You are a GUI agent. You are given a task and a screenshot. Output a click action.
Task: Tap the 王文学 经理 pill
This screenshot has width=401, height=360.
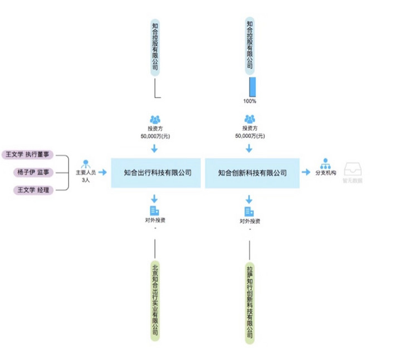click(33, 190)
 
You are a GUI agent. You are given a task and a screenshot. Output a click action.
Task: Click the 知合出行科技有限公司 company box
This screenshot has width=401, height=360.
click(158, 172)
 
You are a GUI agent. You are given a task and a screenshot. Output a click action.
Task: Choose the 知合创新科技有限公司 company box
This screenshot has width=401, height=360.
click(252, 172)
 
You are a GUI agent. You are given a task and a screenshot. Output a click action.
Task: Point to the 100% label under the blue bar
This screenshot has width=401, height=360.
click(250, 101)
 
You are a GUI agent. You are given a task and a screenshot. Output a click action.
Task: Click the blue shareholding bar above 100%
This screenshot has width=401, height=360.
click(252, 87)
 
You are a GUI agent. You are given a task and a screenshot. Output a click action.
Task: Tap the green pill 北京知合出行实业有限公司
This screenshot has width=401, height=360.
click(155, 300)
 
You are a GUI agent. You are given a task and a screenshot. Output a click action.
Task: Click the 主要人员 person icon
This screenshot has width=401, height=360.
click(86, 164)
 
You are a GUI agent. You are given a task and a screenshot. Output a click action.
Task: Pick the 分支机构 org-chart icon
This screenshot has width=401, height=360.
click(326, 164)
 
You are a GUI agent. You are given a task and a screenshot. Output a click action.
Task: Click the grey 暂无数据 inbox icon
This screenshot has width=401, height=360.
click(352, 169)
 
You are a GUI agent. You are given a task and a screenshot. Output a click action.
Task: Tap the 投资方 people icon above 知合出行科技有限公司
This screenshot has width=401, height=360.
click(155, 119)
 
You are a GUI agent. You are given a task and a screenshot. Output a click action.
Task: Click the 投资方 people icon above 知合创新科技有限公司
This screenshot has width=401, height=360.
click(250, 119)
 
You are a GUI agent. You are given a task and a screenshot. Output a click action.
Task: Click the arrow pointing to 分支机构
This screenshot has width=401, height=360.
click(306, 172)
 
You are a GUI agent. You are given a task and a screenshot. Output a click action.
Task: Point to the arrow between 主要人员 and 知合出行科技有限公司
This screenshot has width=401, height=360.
click(102, 172)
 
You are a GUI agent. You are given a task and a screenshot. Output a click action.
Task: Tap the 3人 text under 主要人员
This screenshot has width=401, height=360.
click(86, 180)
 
